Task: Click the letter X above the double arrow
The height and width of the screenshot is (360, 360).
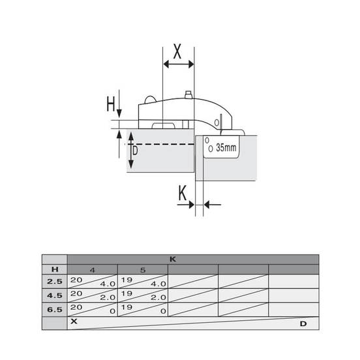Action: click(177, 52)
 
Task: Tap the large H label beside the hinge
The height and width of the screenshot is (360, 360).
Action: click(111, 104)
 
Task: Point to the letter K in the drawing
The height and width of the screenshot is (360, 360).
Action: click(183, 193)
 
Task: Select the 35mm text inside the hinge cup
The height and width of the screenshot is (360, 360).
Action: click(226, 147)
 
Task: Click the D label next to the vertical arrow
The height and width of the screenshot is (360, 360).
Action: click(135, 151)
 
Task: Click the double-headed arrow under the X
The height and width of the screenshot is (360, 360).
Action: click(179, 65)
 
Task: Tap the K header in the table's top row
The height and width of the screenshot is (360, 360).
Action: click(173, 260)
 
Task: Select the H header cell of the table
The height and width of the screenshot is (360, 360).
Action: click(55, 269)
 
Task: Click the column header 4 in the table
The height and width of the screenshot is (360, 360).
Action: click(93, 270)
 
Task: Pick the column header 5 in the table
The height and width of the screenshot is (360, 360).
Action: click(143, 270)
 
